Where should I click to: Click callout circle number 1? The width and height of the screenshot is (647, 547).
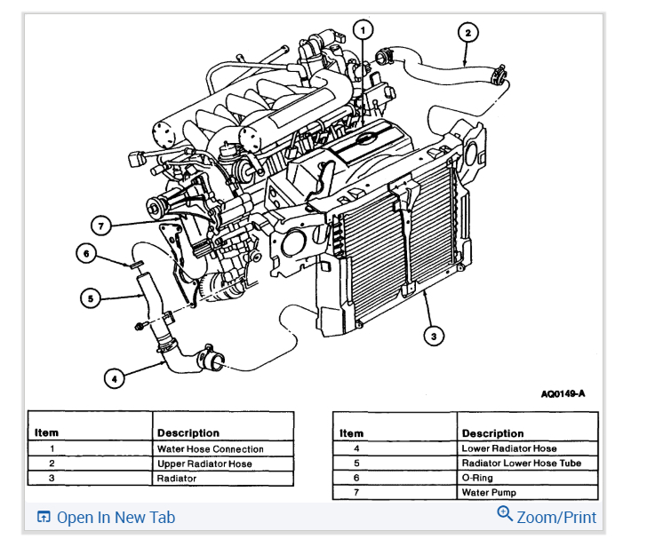click(362, 30)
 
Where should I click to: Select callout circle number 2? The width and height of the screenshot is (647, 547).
click(468, 33)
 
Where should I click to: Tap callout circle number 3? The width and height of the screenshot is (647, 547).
click(433, 336)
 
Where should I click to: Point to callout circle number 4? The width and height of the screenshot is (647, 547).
click(113, 379)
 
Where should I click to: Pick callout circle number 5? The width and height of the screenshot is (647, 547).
click(90, 298)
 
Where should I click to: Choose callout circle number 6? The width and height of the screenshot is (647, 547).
click(85, 254)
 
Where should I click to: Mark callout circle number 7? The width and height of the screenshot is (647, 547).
click(101, 226)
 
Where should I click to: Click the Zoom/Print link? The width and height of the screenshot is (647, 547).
click(555, 517)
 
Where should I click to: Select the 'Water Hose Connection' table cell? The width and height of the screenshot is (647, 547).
click(210, 449)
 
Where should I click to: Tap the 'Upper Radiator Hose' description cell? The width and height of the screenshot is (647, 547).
click(204, 464)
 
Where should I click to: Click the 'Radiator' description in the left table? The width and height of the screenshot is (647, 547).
click(178, 478)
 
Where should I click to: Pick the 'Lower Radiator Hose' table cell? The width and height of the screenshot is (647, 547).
click(509, 449)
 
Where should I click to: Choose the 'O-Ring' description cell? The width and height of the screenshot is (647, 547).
click(477, 478)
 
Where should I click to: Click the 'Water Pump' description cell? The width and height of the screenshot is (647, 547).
click(488, 492)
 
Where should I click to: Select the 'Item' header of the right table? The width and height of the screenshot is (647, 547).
click(352, 433)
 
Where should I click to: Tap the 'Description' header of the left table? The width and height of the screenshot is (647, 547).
click(188, 433)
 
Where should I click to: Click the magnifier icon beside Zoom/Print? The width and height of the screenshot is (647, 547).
click(505, 514)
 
